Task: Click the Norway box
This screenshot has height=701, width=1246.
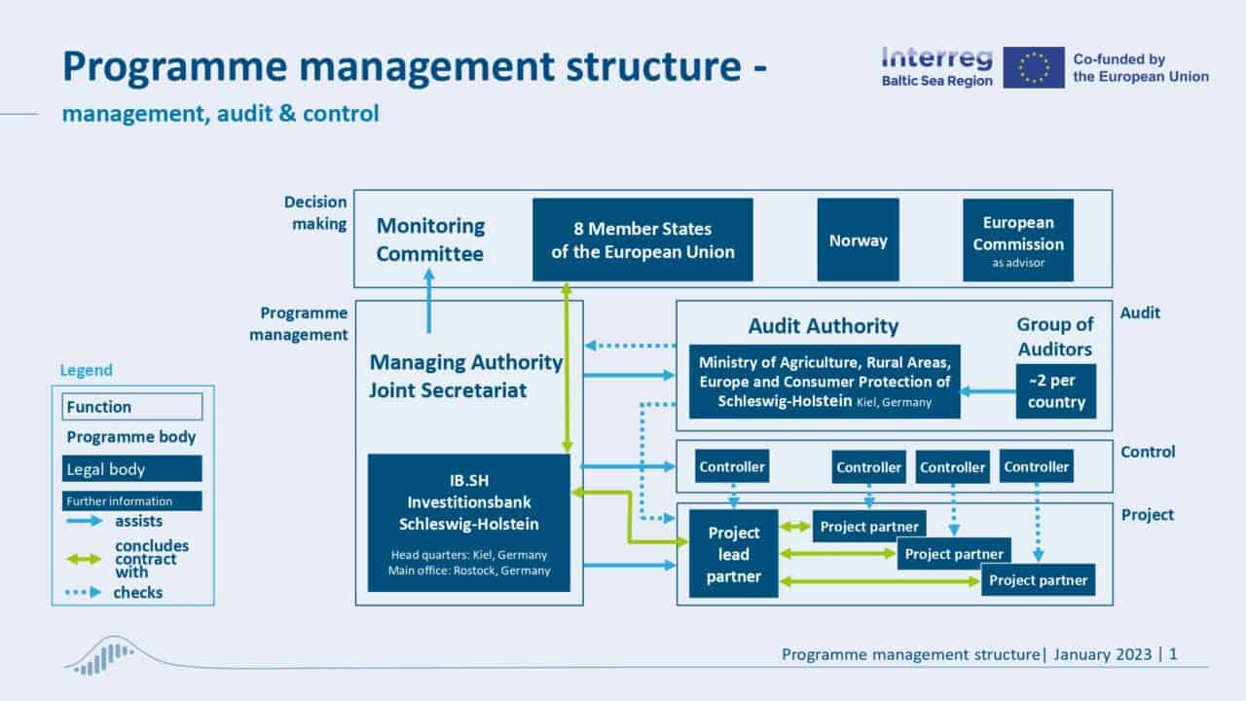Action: click(x=858, y=240)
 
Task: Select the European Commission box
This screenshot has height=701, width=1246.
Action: click(x=1017, y=240)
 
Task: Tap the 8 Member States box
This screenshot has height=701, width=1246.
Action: click(x=642, y=240)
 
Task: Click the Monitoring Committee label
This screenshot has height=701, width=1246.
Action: click(x=430, y=240)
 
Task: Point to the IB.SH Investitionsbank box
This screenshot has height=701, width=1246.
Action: click(x=468, y=522)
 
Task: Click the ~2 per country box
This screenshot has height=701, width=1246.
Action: click(x=1055, y=391)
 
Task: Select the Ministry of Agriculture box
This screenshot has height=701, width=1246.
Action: click(x=824, y=382)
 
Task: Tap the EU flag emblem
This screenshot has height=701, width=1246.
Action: click(x=1033, y=67)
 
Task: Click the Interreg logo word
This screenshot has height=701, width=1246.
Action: click(x=936, y=57)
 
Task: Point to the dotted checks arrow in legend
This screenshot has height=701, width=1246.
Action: click(x=84, y=592)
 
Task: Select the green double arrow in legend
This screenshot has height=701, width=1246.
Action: click(x=84, y=559)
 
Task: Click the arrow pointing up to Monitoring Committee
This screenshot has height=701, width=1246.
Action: click(x=429, y=302)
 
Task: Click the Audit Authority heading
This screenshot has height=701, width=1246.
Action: click(x=823, y=326)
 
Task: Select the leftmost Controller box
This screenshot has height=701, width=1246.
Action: click(x=732, y=466)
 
